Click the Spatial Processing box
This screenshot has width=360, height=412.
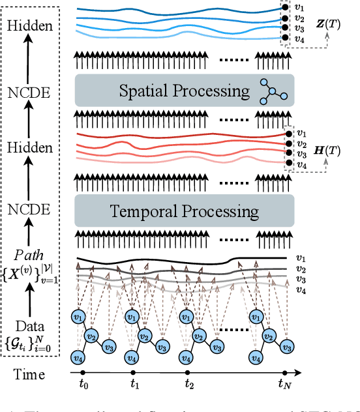pyautogui.click(x=185, y=90)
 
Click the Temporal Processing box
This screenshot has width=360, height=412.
pyautogui.click(x=185, y=211)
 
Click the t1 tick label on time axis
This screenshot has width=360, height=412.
pyautogui.click(x=135, y=384)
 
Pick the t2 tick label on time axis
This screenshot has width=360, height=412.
pyautogui.click(x=189, y=384)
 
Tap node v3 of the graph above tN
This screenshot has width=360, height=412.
pyautogui.click(x=293, y=345)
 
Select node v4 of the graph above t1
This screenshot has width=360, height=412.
pyautogui.click(x=132, y=357)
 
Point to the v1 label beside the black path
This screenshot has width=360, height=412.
pyautogui.click(x=301, y=257)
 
